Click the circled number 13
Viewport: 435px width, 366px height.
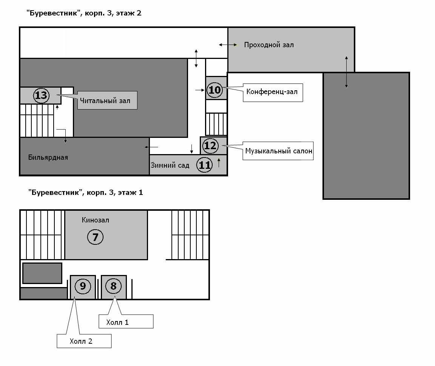tap(41, 95)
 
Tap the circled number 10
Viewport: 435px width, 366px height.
tap(214, 90)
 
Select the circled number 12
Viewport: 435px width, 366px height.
tap(210, 145)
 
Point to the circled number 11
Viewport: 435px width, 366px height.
tap(204, 165)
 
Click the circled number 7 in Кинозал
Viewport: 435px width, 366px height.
tap(95, 237)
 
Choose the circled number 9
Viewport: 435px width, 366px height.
tap(83, 286)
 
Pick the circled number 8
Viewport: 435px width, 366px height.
tap(113, 286)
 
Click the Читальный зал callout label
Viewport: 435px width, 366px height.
tap(107, 100)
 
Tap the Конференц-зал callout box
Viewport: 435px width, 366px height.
tap(273, 93)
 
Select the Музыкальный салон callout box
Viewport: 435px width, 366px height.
tap(278, 151)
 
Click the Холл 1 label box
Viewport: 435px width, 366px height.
tap(126, 321)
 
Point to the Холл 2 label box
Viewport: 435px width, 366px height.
tap(84, 341)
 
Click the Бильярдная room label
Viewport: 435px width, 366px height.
tap(48, 158)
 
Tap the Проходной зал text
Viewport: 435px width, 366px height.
tap(269, 45)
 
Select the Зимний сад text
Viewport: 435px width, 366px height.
tap(170, 165)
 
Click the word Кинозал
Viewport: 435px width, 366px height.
tap(95, 220)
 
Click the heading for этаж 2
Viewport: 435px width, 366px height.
tap(84, 13)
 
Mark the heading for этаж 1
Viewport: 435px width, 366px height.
tap(85, 192)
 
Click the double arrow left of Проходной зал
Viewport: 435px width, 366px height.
tap(228, 45)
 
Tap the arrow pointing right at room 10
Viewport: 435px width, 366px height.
tap(200, 90)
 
